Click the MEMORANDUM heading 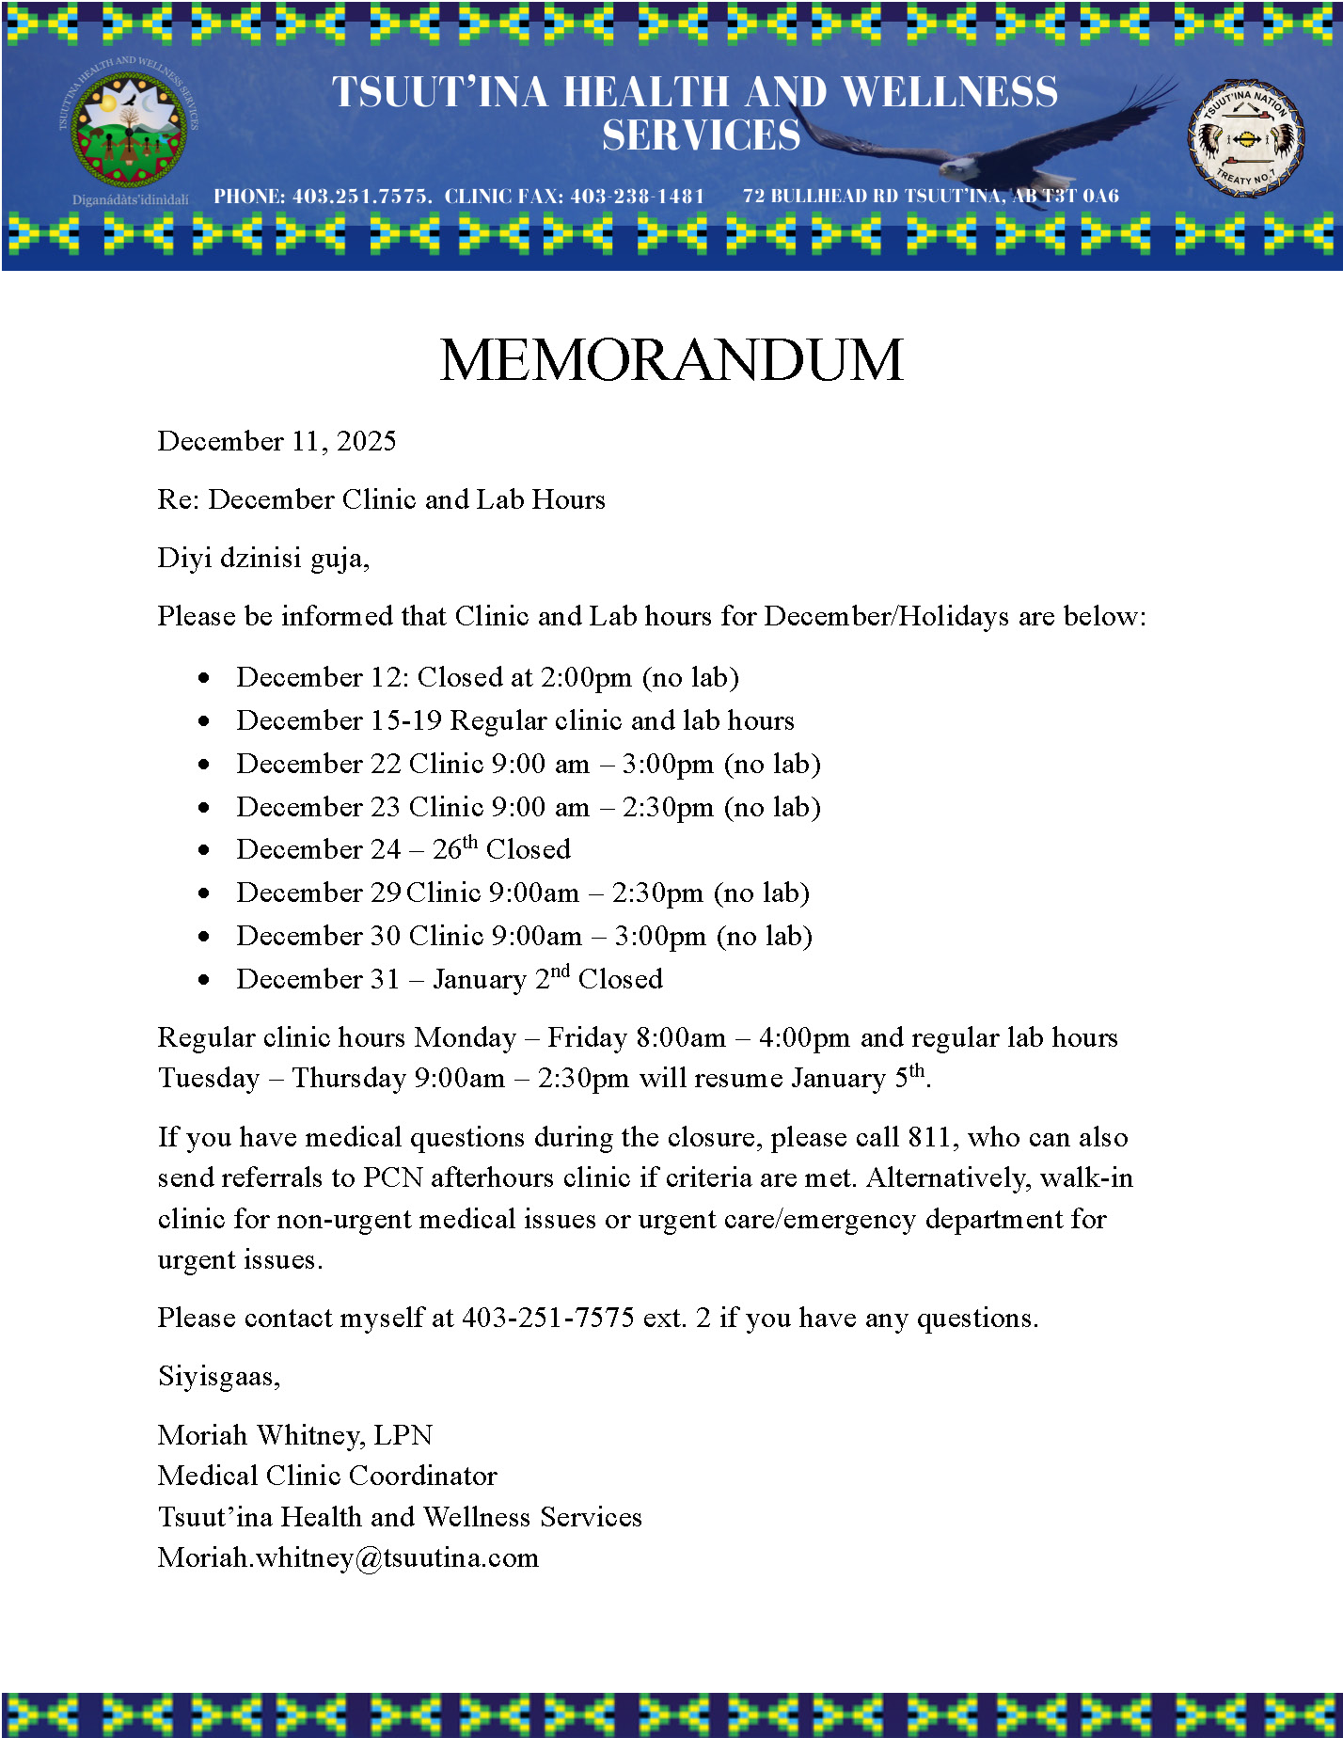(671, 360)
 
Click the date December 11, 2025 (276, 441)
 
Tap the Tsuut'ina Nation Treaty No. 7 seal (1245, 140)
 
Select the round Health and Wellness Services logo (130, 131)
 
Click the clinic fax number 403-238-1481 (637, 197)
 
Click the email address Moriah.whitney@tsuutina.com (348, 1557)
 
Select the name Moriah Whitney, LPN (295, 1435)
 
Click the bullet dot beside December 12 (204, 678)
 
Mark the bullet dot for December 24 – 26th (204, 850)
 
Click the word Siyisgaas (217, 1376)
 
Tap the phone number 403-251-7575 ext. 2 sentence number (547, 1318)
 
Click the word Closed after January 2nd (620, 979)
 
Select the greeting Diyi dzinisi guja (263, 558)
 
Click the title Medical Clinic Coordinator (327, 1476)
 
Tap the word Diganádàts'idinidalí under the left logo (130, 199)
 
